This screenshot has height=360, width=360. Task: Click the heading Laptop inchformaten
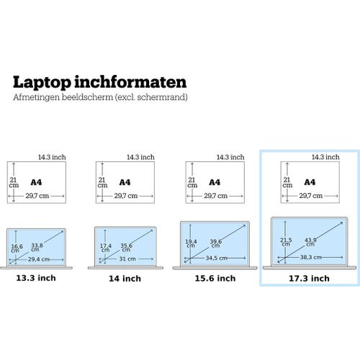99,82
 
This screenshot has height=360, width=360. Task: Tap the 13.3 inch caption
36,278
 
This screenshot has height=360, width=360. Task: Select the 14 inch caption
125,279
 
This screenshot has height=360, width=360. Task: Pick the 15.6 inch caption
215,279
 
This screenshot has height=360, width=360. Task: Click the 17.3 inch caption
309,279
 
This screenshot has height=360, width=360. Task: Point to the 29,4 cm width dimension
39,259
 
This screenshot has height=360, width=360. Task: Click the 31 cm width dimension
127,259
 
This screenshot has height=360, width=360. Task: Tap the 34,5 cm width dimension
217,258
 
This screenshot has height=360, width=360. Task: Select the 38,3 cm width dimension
311,257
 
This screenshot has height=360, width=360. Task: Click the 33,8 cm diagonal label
37,247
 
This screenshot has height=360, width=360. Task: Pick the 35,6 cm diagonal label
126,248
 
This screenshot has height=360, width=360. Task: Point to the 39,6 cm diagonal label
216,243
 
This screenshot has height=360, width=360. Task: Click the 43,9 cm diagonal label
310,242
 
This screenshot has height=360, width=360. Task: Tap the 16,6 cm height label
17,248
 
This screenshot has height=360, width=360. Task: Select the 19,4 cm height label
191,243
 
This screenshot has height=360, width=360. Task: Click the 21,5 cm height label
286,242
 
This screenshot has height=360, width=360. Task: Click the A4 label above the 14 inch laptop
125,182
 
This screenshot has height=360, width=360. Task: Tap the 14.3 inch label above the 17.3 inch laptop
325,157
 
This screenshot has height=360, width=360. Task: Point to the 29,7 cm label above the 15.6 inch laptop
215,196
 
